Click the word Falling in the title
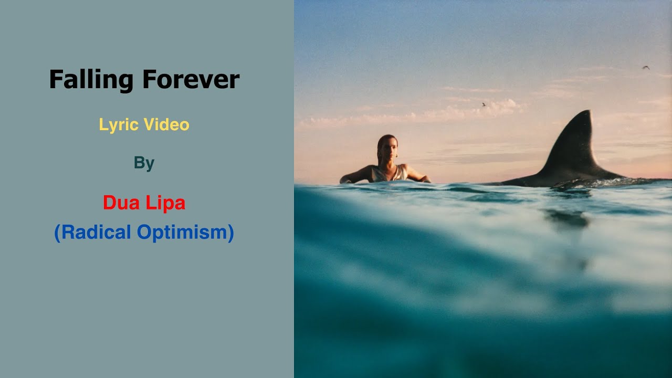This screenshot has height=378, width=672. [x=91, y=80]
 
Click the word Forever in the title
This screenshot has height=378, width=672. [x=191, y=80]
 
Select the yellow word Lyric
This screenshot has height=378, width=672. [x=118, y=125]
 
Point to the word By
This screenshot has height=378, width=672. [x=144, y=163]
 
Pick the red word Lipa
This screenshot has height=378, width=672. [x=165, y=203]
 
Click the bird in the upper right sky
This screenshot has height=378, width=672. [x=646, y=67]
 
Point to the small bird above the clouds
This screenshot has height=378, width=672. [x=484, y=104]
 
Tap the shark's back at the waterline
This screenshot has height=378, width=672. [x=530, y=182]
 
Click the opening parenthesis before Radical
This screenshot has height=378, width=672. [x=57, y=233]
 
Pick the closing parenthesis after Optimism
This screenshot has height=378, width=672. [x=230, y=233]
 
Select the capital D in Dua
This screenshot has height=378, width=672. [x=109, y=203]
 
